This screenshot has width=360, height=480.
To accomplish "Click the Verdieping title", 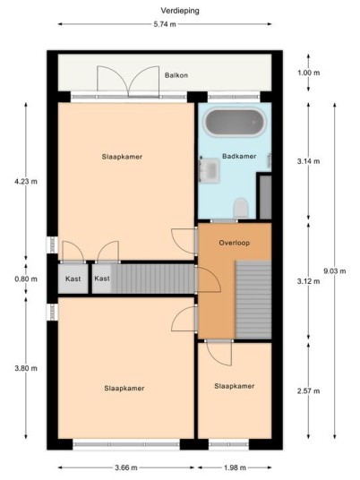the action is coord(180,11).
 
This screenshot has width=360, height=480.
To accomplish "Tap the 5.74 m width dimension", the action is coord(165,24).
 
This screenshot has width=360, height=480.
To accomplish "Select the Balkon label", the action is coord(176,75).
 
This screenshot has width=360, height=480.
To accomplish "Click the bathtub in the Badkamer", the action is coord(235,122).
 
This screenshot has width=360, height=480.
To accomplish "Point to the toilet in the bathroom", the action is coord(241,208).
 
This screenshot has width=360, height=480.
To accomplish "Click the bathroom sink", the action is coord(209,169).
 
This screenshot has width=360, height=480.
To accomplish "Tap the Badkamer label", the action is coord(239,156).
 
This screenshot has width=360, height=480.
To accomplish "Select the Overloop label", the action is coord(235,243).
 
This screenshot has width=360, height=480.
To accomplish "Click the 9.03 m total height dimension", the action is coord(335,271).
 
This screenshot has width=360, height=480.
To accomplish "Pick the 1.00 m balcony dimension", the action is coord(309,73).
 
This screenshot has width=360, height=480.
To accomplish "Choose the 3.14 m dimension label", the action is coord(308,161).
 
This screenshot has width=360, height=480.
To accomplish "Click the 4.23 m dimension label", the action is coord(26,182).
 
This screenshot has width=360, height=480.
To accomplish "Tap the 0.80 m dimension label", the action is coord(26,279).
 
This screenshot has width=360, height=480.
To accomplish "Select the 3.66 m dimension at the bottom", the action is coord(126,467).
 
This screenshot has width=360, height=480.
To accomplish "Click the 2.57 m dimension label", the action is coord(308,391).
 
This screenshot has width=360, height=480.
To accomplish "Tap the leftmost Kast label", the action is coord(73,279).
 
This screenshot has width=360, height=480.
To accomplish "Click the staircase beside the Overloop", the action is coord(253,300).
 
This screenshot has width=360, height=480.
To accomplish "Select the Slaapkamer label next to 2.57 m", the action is coord(235,386).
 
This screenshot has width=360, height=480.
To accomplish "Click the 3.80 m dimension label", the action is coord(26,368).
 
